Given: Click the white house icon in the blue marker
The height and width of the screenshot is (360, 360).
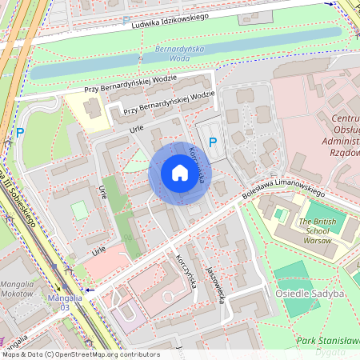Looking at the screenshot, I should [179, 173].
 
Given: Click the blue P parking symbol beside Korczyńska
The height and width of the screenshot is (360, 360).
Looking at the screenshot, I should [213, 142].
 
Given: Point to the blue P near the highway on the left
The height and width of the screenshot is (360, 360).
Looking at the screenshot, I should [21, 133].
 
